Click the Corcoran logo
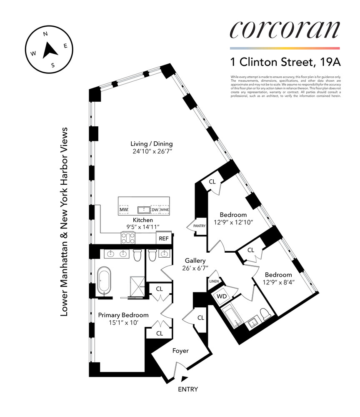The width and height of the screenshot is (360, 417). [x=285, y=30]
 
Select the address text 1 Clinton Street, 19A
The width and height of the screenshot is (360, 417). [x=285, y=62]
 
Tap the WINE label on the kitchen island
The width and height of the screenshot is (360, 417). [x=165, y=209]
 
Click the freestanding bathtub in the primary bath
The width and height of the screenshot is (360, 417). [x=102, y=281]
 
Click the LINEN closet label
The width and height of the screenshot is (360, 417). [x=214, y=281]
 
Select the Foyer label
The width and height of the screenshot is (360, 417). [x=180, y=351]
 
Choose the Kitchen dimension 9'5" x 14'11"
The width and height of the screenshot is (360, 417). [x=143, y=226]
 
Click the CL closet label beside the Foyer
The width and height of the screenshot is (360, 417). [x=201, y=318]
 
